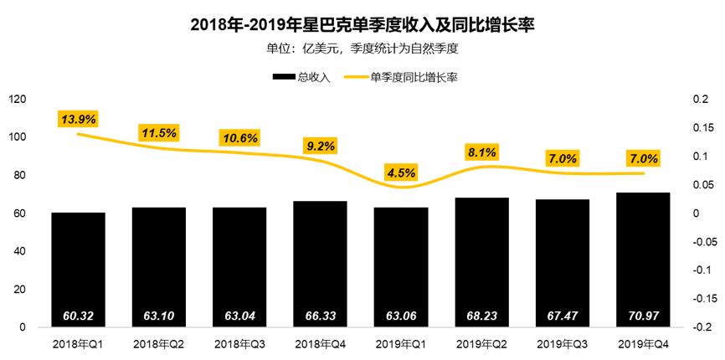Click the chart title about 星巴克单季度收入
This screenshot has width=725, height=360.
[x=362, y=26]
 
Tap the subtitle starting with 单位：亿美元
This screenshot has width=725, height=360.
[x=362, y=49]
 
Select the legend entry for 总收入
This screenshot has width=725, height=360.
[x=301, y=77]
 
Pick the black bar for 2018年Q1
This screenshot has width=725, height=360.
[x=78, y=268]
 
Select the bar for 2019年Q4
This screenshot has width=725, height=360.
[x=643, y=260]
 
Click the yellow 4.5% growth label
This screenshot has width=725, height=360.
[x=401, y=172]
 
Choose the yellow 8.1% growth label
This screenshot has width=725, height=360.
[x=481, y=152]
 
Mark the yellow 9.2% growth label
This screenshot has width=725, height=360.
[x=320, y=146]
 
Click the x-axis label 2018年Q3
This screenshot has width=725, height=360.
[x=239, y=344]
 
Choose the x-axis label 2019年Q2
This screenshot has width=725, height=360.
[x=481, y=344]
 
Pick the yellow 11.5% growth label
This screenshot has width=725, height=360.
[x=158, y=132]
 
